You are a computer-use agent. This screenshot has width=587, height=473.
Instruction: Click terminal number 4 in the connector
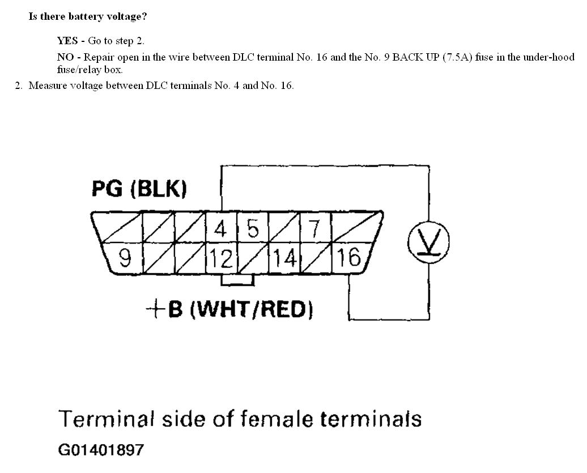(x=220, y=229)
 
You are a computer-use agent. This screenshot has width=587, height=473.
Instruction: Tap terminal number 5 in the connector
(x=253, y=229)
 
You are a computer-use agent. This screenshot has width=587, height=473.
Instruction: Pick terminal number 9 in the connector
(x=125, y=258)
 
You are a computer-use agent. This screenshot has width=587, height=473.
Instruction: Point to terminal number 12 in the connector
(x=221, y=258)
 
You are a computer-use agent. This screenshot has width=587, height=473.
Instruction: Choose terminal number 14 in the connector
(x=285, y=258)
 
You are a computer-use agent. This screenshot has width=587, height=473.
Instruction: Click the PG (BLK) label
(x=139, y=189)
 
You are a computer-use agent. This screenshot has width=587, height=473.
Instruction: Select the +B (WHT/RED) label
(x=229, y=309)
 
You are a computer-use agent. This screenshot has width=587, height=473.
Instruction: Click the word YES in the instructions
(x=67, y=41)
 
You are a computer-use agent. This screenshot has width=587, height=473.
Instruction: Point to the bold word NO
(x=64, y=57)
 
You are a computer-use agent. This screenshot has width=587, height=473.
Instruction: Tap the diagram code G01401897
(x=101, y=450)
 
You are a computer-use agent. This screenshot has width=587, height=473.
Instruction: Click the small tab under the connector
(x=237, y=280)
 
